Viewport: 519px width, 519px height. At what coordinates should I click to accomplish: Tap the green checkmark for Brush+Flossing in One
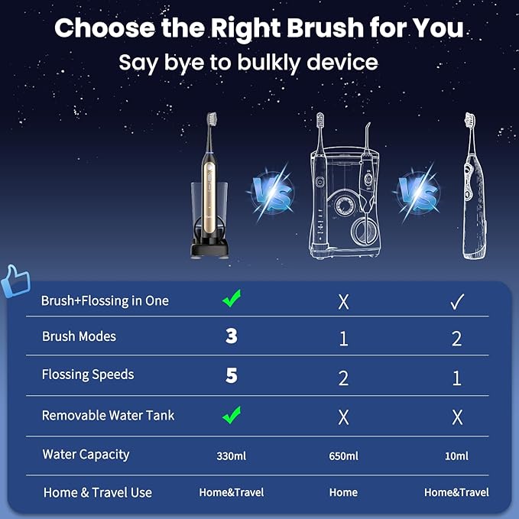[232, 300]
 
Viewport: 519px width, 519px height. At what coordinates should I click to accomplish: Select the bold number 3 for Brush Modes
[232, 336]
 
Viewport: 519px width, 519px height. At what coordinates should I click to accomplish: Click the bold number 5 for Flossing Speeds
[232, 375]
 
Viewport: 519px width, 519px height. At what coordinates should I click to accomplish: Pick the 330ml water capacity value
[232, 456]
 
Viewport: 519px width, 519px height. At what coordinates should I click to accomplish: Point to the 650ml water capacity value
[343, 456]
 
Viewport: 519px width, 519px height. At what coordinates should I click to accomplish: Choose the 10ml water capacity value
[456, 456]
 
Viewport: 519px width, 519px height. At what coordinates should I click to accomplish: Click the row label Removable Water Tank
[108, 416]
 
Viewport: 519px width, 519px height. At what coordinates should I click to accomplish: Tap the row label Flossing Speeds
[88, 375]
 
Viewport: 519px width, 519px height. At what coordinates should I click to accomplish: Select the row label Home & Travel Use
[98, 492]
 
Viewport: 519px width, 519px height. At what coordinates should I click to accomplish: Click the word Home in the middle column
[343, 492]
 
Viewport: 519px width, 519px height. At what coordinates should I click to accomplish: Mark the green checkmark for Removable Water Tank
[232, 415]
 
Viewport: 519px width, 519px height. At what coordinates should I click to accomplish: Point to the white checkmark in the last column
[456, 301]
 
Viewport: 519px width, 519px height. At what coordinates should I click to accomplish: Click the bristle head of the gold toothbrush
[211, 120]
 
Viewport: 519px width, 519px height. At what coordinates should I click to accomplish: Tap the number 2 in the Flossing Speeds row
[343, 376]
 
